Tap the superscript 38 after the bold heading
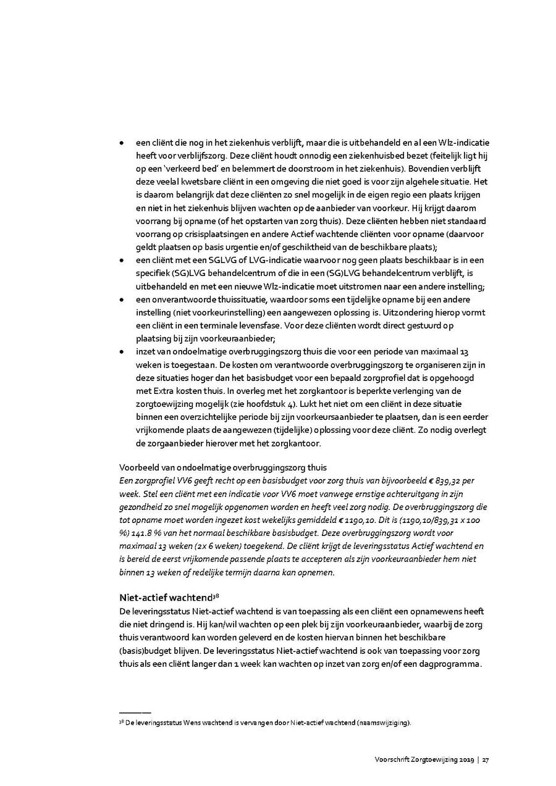point(216,595)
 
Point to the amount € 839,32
point(448,480)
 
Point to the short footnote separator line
point(135,713)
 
